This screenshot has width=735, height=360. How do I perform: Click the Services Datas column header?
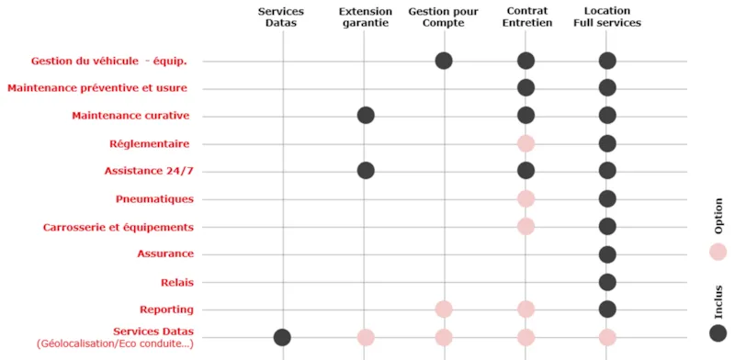pos(281,17)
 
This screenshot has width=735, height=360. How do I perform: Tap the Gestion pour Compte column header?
pos(443,17)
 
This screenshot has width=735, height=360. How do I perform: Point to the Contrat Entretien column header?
pos(528,17)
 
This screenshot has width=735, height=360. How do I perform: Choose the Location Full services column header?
pos(606,17)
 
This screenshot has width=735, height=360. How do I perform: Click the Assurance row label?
pos(165,253)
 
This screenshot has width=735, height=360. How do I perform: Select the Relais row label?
pos(177,282)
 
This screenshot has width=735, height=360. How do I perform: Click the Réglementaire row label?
pos(149,143)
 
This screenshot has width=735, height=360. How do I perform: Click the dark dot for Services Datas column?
pos(282,337)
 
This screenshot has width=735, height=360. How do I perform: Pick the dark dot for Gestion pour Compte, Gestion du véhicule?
pos(444,61)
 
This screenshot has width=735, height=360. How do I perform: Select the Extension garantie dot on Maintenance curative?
pos(366,116)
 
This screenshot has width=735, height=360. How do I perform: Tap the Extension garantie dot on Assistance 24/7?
pos(366,171)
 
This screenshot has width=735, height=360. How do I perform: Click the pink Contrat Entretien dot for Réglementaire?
pos(526,143)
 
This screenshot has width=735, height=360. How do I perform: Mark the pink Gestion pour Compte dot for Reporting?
pos(444,309)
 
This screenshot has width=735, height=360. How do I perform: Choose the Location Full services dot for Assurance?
pos(606,254)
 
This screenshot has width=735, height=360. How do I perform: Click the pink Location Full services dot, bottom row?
pos(606,337)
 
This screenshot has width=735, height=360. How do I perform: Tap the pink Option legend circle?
pos(718,252)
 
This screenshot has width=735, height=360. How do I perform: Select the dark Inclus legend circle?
pos(718,333)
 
